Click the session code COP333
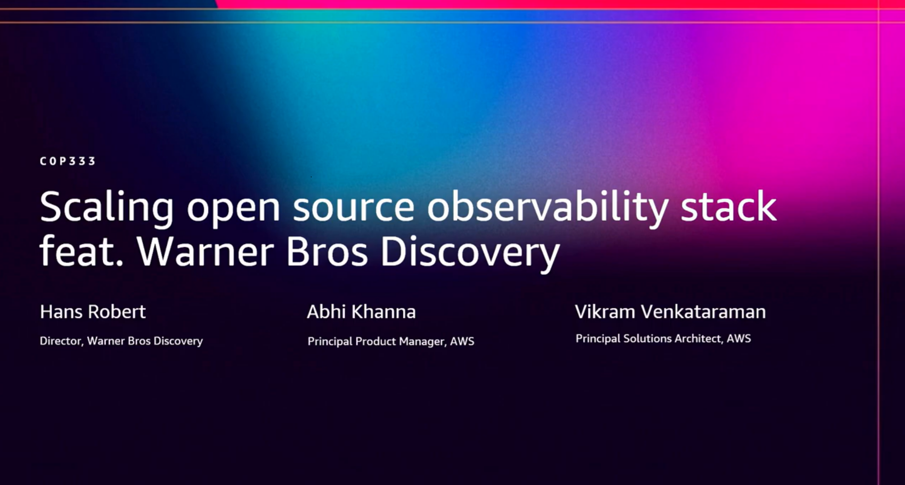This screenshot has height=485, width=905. (68, 161)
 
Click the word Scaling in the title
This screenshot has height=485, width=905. (107, 208)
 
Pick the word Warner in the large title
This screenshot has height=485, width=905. (205, 252)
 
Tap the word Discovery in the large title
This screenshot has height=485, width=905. (470, 254)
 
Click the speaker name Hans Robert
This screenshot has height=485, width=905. (93, 311)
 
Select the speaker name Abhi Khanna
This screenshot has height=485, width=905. (361, 311)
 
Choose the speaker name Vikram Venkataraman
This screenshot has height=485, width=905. (670, 311)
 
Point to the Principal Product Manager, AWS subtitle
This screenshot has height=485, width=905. (391, 341)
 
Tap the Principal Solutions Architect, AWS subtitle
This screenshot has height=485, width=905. (663, 339)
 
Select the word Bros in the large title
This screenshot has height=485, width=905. (327, 252)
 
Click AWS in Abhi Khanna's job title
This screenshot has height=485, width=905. (462, 341)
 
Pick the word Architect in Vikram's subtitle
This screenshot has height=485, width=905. (699, 339)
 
